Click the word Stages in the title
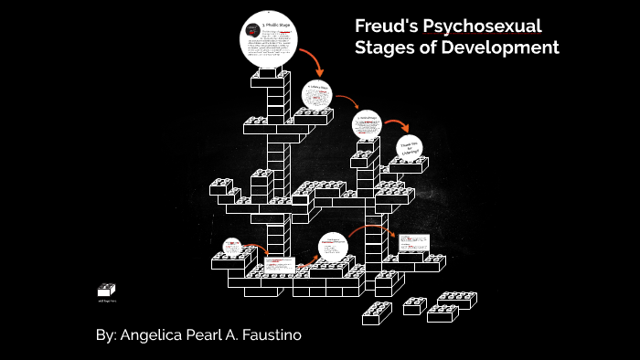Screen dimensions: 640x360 pos(385,48)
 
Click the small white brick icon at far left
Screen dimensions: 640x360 pos(106,290)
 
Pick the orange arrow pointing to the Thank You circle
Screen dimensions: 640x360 pos(395,125)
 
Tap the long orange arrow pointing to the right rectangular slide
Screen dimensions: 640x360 pos(369,228)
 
